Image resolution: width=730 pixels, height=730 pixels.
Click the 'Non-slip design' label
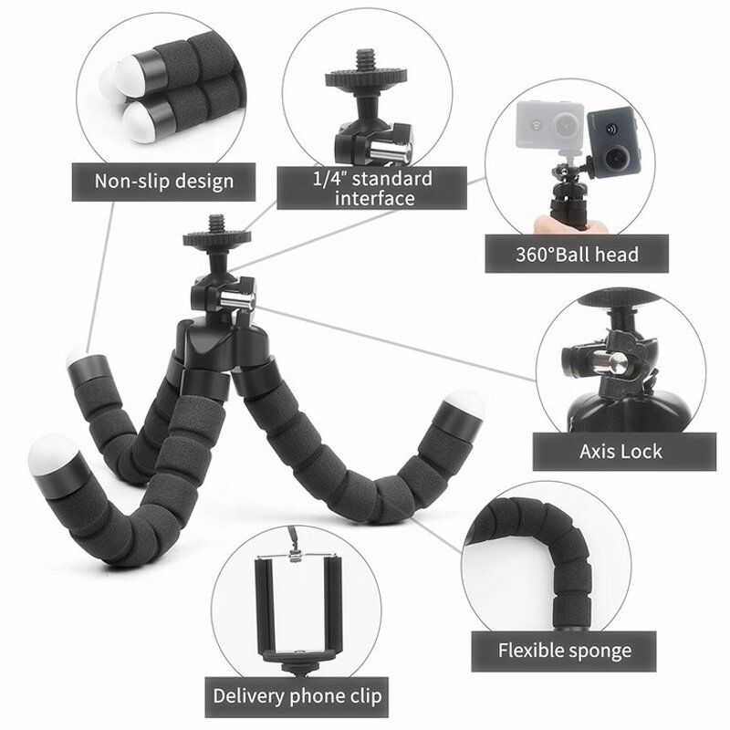pos(164,181)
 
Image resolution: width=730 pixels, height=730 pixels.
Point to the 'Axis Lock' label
pos(620,450)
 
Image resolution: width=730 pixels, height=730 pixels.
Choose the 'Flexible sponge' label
pos(564,651)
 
